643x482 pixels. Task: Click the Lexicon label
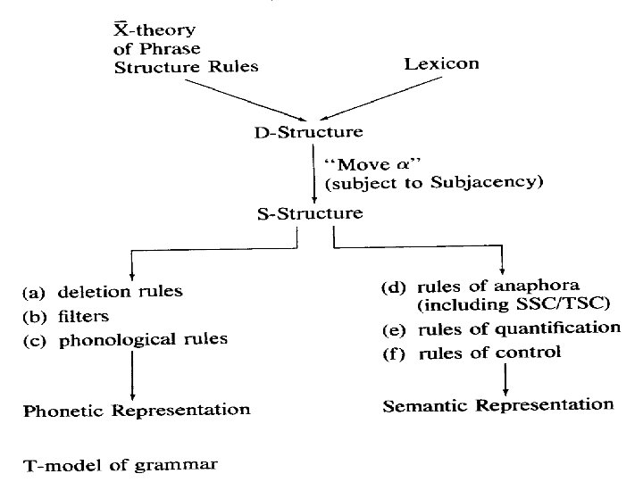(442, 63)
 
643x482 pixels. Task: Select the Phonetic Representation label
(136, 410)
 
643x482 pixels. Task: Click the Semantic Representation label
(498, 405)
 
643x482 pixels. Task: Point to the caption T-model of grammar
(120, 464)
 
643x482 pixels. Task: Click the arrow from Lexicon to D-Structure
(375, 97)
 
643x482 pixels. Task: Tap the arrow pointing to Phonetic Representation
(132, 375)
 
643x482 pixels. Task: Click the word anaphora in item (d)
(541, 287)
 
